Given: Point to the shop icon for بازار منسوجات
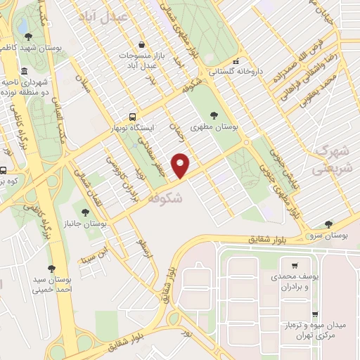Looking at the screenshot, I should pyautogui.click(x=143, y=43).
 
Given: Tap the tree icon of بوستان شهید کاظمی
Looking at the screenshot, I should pyautogui.click(x=26, y=37).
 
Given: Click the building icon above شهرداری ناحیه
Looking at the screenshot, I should pyautogui.click(x=24, y=72).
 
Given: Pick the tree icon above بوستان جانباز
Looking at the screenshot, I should pyautogui.click(x=85, y=211).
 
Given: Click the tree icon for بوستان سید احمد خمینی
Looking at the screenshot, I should pyautogui.click(x=51, y=268).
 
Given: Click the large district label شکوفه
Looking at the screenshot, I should pyautogui.click(x=166, y=199).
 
